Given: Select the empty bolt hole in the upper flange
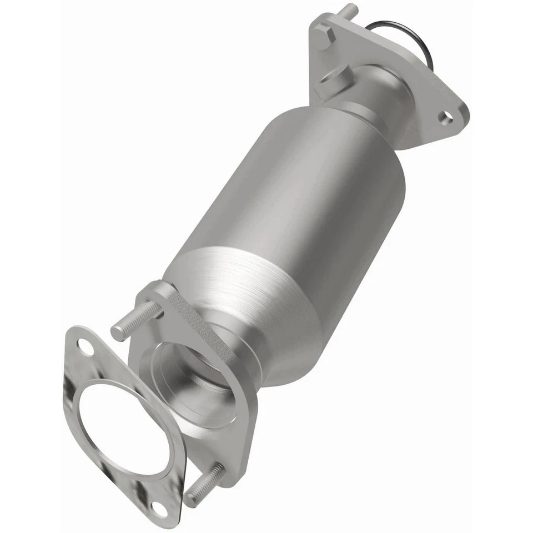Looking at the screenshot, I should pos(446,117).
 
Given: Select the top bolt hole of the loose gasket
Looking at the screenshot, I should pos(84,348).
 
